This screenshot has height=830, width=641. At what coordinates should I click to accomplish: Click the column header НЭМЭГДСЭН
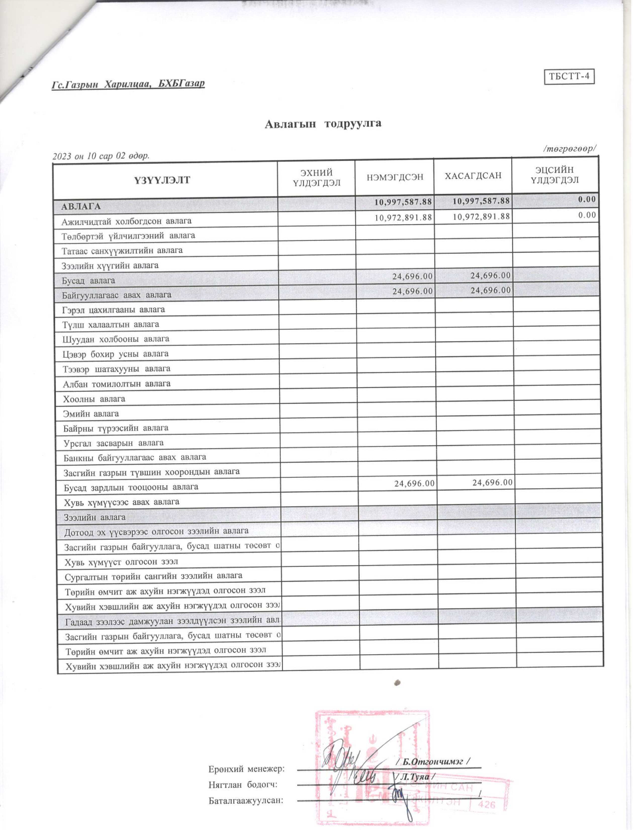pos(395,177)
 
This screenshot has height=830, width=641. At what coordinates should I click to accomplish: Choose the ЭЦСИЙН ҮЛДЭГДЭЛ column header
pos(555,175)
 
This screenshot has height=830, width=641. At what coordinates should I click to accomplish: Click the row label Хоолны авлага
pos(94,399)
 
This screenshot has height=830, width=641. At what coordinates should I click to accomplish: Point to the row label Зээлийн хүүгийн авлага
pos(110,265)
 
